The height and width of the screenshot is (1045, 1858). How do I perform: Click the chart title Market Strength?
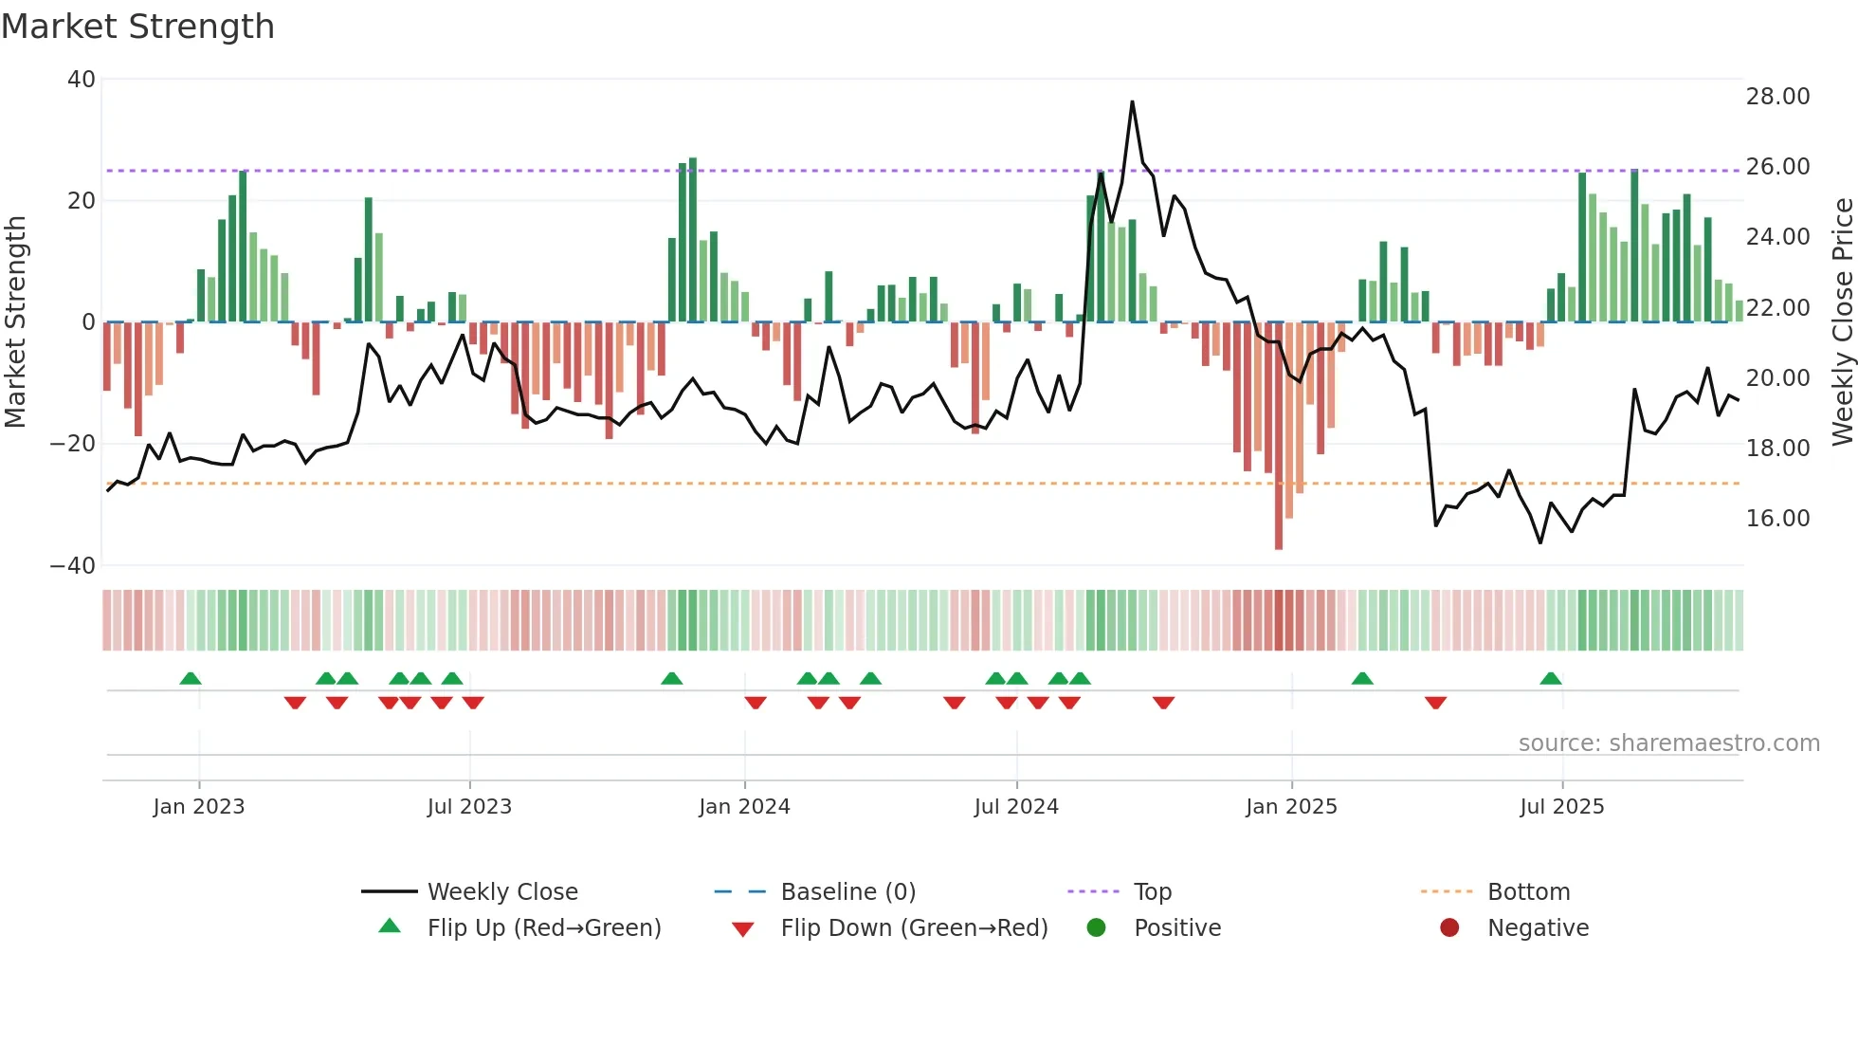[x=137, y=27]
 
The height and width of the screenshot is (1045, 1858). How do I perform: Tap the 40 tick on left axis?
[x=82, y=80]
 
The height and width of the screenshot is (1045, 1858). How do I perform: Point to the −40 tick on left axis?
[x=73, y=566]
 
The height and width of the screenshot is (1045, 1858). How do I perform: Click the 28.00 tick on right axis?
[x=1777, y=97]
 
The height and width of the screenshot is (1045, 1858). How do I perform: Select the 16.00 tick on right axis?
[x=1777, y=519]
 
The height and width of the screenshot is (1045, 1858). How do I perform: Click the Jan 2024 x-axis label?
[x=744, y=807]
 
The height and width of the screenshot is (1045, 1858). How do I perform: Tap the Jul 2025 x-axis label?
[x=1561, y=807]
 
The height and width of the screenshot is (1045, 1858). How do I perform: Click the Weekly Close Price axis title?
[x=1842, y=322]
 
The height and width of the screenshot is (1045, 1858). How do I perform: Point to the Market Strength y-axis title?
[x=16, y=322]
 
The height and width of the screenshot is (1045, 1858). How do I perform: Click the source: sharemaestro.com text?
[x=1668, y=743]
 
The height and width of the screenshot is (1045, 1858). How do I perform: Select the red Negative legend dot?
[x=1449, y=927]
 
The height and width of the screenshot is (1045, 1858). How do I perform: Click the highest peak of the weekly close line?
[x=1132, y=102]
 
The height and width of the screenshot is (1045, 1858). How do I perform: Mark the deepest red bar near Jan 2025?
[x=1279, y=436]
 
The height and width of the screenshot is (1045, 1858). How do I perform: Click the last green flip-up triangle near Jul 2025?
[x=1551, y=679]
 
